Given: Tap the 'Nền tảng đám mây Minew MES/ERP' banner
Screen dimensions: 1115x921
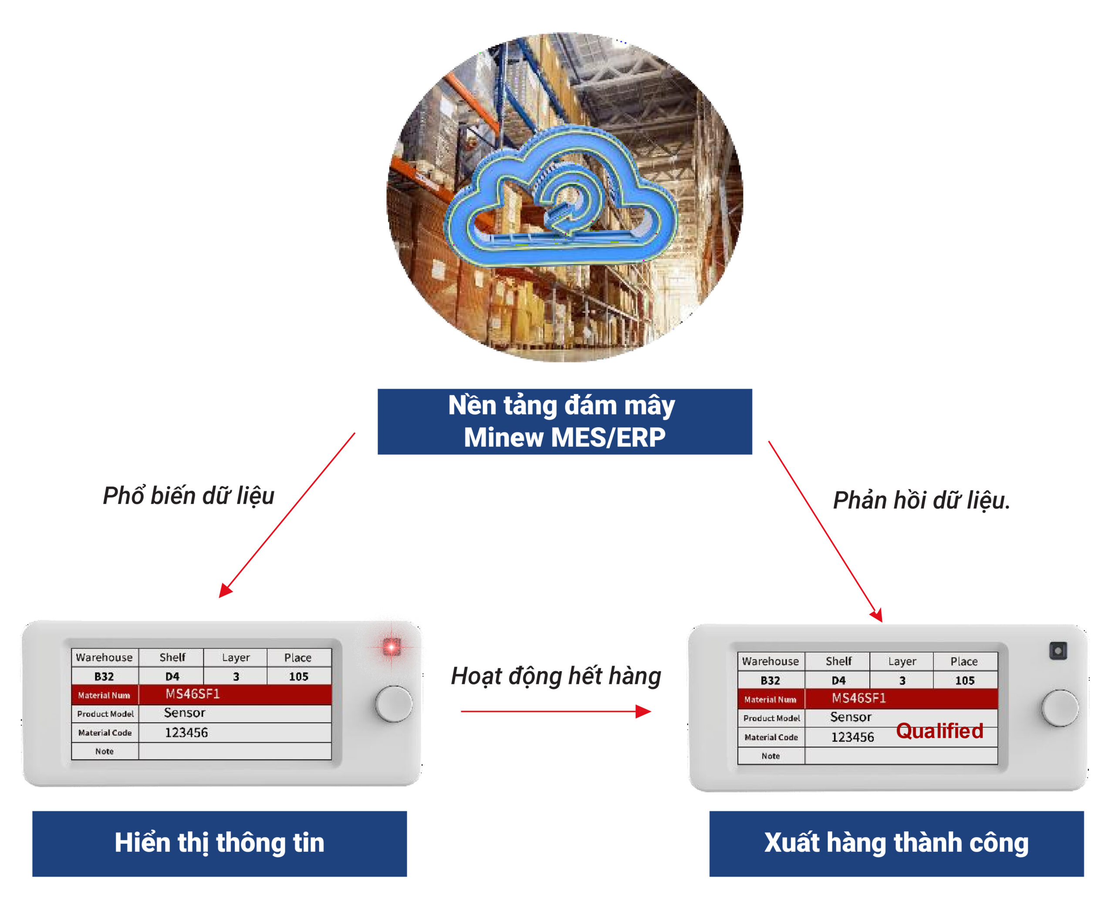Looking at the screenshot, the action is tap(564, 422).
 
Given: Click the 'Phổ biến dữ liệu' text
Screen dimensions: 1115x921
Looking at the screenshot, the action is tap(188, 496).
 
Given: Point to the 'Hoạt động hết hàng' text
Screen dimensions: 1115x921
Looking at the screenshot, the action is tap(556, 676).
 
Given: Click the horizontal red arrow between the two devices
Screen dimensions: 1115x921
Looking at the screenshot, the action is tap(556, 711).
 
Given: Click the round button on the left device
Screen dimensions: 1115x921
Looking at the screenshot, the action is tap(394, 704).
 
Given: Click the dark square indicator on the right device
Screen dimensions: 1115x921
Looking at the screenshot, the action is tap(1058, 650).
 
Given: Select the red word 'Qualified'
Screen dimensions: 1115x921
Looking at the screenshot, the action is tap(939, 731).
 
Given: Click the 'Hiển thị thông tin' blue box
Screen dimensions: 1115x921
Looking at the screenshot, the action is tap(220, 843).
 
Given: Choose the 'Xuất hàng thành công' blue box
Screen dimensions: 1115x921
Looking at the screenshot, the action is tap(896, 843).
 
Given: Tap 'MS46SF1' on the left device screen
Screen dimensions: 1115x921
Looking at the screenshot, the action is tap(193, 694).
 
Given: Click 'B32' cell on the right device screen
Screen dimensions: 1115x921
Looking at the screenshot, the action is tap(770, 680).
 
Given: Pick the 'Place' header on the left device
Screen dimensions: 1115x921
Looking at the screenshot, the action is tap(298, 657).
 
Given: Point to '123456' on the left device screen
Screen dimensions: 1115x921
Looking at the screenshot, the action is tap(186, 732).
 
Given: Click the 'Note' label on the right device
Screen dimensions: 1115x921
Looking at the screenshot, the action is tap(770, 756).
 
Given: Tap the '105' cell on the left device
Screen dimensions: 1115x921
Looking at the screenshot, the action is tap(299, 676).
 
